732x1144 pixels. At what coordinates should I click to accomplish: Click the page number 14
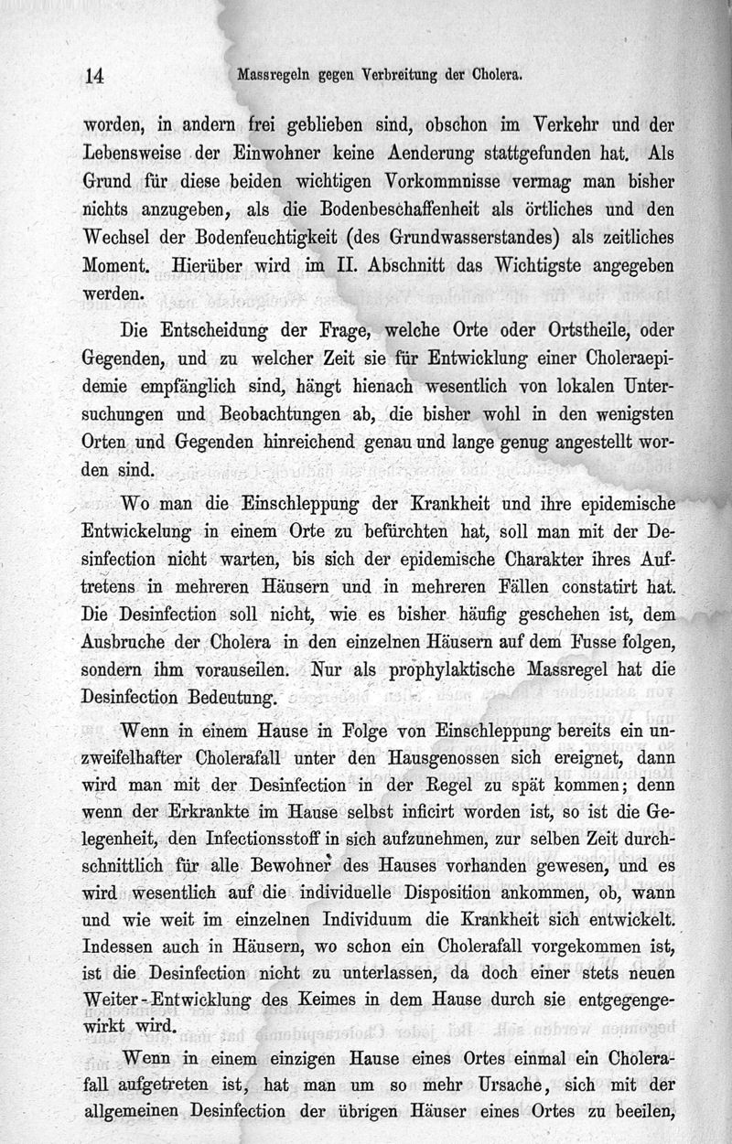coord(94,77)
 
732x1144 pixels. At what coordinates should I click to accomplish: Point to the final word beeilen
coord(640,1112)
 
